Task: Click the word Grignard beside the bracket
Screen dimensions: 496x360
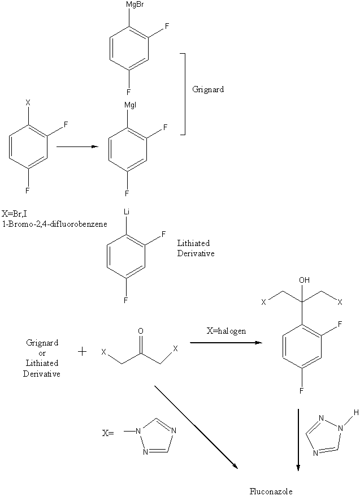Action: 207,89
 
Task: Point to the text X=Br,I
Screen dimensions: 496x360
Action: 17,214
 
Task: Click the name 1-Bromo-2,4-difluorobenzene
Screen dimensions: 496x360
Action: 55,223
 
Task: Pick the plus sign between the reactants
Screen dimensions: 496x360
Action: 82,352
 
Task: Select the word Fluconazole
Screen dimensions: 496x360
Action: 271,491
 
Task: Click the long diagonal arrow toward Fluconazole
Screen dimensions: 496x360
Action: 195,426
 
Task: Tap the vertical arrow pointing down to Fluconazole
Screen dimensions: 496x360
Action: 298,438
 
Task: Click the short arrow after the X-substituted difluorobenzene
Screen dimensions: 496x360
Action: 77,146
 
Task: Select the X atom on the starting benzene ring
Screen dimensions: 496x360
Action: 28,102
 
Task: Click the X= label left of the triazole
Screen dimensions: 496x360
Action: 108,434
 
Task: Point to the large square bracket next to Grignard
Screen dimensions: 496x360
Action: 183,94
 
